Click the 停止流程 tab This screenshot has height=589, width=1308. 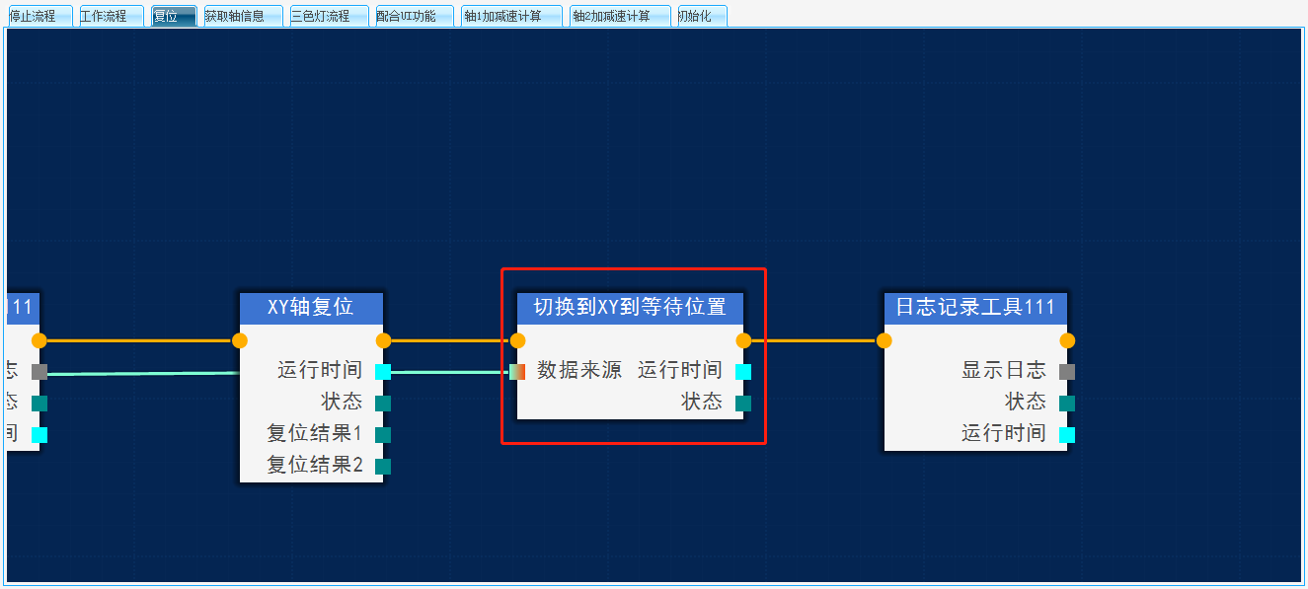(x=38, y=16)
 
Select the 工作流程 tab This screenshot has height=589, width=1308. (x=109, y=16)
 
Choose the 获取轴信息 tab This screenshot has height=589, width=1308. (x=243, y=16)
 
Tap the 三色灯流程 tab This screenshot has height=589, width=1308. (x=328, y=16)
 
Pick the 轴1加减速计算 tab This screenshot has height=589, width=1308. (x=510, y=16)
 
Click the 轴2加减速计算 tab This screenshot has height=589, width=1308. (x=619, y=16)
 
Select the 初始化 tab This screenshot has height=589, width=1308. (x=702, y=16)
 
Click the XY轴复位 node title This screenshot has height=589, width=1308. (x=311, y=307)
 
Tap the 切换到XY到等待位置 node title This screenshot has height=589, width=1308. (x=630, y=307)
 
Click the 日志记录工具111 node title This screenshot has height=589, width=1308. (x=975, y=307)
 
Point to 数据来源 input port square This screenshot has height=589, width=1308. (x=517, y=372)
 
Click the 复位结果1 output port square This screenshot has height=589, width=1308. (x=383, y=435)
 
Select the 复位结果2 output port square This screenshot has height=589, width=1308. (x=383, y=467)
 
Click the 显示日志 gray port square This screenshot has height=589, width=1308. (x=1067, y=372)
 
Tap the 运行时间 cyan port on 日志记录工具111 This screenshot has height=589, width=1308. (x=1067, y=435)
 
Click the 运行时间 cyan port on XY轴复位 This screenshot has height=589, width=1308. (x=383, y=372)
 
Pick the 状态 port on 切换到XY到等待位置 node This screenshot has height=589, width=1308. (x=743, y=404)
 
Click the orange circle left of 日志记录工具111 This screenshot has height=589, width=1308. (x=885, y=341)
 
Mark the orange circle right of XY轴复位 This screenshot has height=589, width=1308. (x=384, y=341)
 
